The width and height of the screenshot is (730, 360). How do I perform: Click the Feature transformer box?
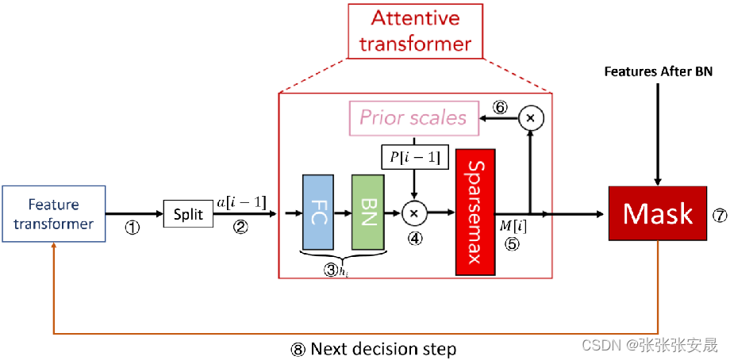point(53,213)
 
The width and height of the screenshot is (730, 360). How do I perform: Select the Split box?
point(188,214)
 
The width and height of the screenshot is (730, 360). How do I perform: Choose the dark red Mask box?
point(658,213)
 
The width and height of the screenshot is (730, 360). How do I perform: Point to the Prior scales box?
point(413,117)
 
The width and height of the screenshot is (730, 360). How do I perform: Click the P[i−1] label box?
point(413,158)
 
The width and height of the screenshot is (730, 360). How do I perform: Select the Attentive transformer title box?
point(416,30)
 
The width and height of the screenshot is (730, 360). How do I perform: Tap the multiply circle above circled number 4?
point(413,213)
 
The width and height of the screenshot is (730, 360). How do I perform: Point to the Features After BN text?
point(658,71)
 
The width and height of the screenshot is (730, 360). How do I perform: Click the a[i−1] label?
point(241,204)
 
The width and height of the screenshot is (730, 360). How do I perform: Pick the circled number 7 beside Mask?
point(719,214)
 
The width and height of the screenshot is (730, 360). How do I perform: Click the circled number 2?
point(240,228)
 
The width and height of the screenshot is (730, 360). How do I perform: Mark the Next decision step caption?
point(374,348)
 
